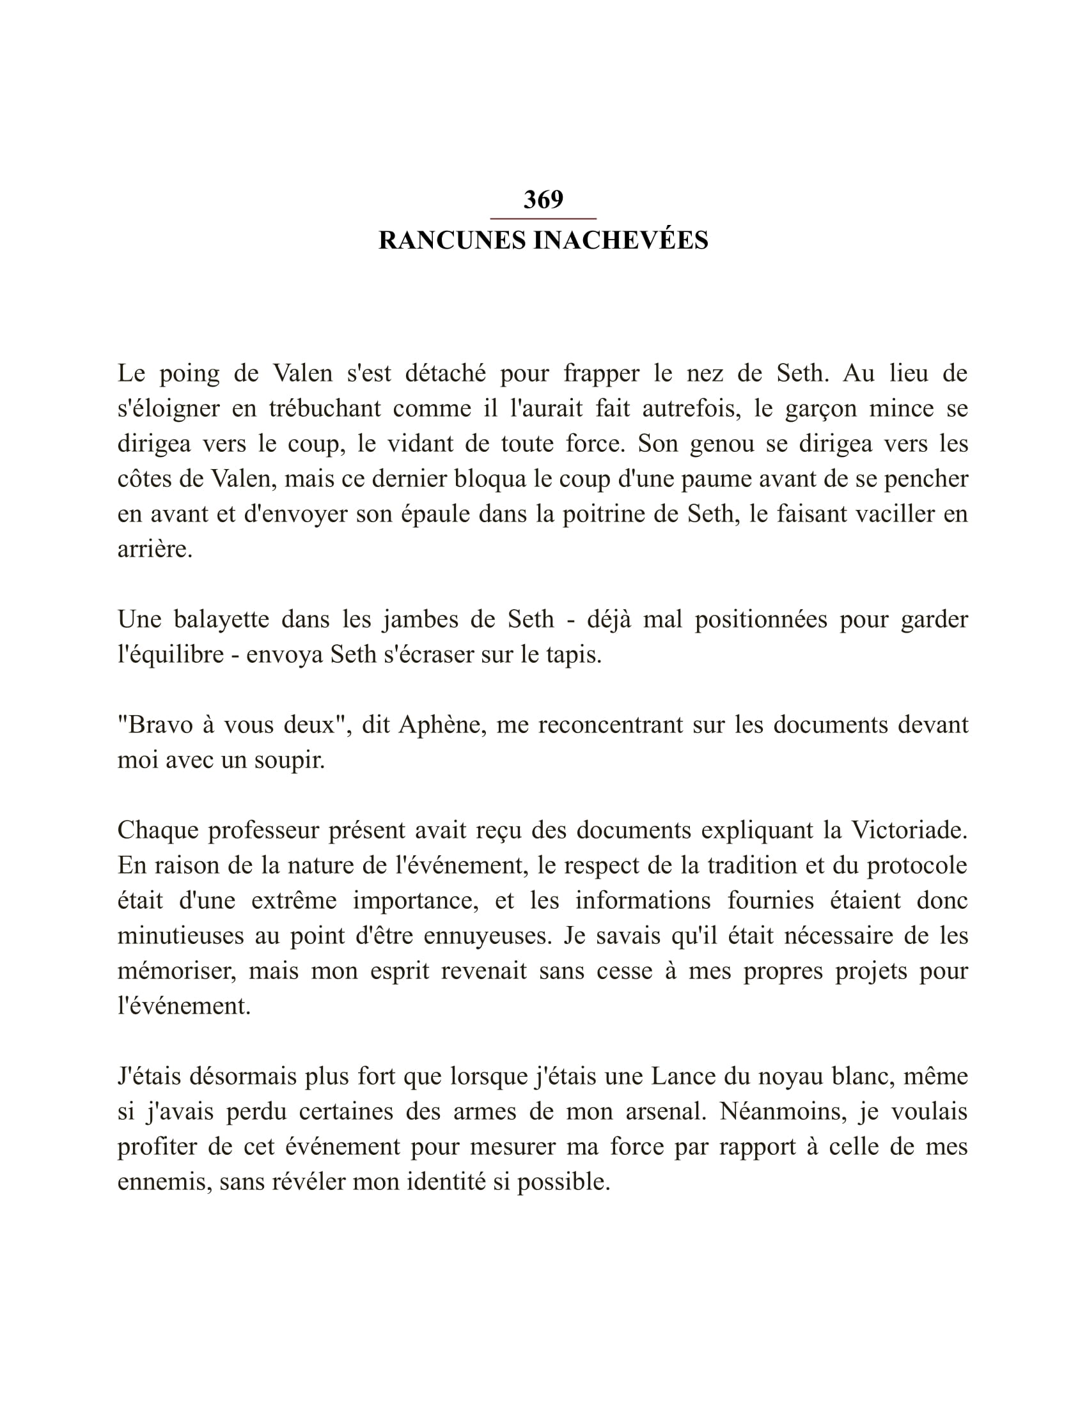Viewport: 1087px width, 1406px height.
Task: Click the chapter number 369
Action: point(543,199)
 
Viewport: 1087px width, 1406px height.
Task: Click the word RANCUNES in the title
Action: point(453,241)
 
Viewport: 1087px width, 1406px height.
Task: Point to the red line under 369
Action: point(543,219)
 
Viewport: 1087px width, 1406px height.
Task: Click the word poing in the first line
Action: point(189,373)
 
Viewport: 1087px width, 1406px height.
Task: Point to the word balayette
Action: point(221,619)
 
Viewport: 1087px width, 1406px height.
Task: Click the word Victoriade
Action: point(909,830)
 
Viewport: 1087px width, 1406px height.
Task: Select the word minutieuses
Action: point(180,936)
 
